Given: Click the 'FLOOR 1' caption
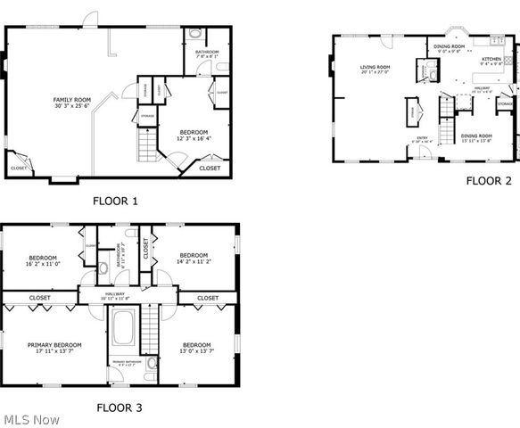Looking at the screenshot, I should tap(115, 201).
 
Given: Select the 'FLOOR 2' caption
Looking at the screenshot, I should tap(488, 180).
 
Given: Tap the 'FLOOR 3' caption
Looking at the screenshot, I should tap(119, 407).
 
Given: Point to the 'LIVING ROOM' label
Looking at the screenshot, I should tap(376, 67).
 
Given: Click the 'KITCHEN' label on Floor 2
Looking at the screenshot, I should tap(491, 59).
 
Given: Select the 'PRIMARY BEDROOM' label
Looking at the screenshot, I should tap(54, 344).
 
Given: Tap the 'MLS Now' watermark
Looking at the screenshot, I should tap(31, 419).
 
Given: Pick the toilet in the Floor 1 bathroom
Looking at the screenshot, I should tap(198, 37).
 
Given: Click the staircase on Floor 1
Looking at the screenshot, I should tap(144, 142).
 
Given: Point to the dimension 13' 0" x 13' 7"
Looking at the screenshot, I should tap(197, 351).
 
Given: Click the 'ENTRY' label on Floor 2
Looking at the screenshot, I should tap(423, 137).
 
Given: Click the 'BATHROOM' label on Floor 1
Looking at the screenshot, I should tap(206, 53).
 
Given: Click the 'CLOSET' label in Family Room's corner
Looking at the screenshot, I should tap(19, 168).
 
